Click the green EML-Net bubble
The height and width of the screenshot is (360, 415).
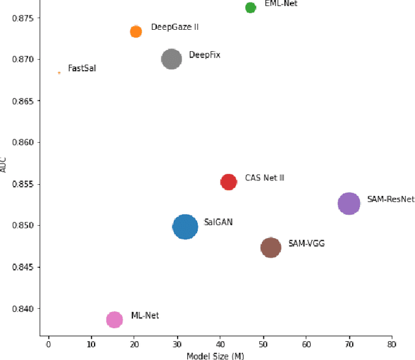(250, 7)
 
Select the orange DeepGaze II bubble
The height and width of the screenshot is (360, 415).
(136, 31)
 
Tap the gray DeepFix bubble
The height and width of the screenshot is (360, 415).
(171, 59)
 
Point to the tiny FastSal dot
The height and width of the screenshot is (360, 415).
(59, 73)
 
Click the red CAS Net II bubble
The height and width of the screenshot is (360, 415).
(228, 182)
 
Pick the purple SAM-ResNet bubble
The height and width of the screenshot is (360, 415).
(349, 203)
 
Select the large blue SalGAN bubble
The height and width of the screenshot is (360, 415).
(185, 227)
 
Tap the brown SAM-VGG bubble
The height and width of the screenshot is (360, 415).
(271, 247)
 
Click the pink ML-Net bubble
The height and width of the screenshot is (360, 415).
(114, 319)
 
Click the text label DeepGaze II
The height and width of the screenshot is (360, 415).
(174, 27)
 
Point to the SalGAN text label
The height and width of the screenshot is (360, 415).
(218, 222)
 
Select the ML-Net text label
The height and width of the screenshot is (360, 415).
(145, 315)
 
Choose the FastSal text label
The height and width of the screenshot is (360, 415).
(82, 68)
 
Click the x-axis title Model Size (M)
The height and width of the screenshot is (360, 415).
(215, 355)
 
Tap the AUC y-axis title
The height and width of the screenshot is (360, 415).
(5, 166)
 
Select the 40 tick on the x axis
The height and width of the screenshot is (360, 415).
(220, 343)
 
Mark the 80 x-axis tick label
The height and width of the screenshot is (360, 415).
(391, 343)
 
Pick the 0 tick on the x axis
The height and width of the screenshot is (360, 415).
(48, 343)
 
